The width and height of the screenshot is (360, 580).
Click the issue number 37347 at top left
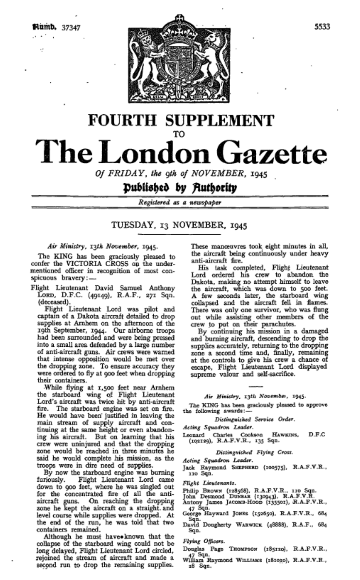tap(71, 28)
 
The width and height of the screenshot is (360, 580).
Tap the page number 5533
tap(322, 27)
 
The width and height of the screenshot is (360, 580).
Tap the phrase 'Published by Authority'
tap(180, 188)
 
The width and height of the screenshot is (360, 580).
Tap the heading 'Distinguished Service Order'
tap(259, 419)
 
